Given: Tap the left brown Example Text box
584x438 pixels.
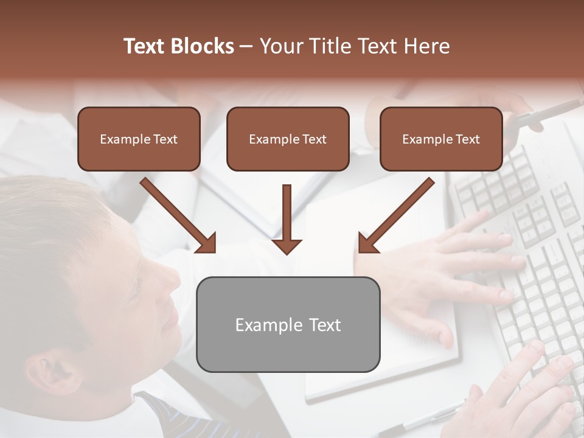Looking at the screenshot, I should tap(139, 139).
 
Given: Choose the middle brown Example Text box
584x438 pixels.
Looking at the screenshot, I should tap(288, 139).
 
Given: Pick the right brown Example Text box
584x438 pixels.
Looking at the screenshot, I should tap(441, 139).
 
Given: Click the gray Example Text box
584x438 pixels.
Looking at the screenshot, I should tap(288, 325).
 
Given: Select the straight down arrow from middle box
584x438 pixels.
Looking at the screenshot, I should tap(287, 219).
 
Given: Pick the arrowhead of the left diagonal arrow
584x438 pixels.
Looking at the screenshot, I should tap(207, 243).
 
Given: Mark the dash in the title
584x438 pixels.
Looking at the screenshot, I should tap(246, 46).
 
